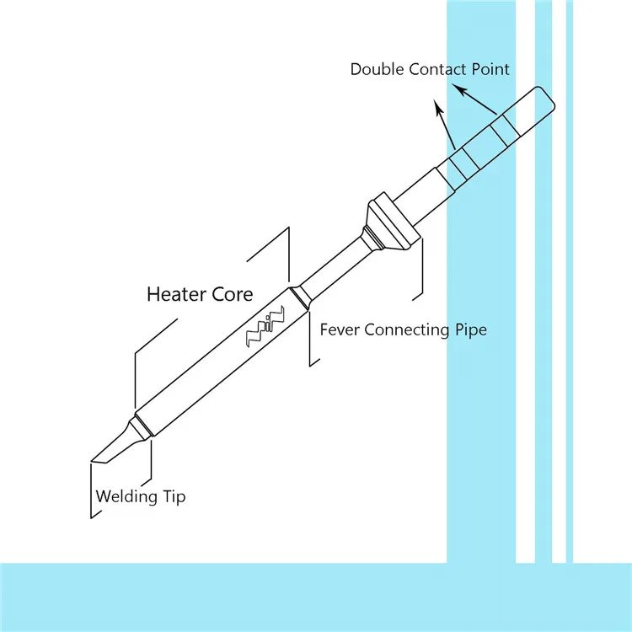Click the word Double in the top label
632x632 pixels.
pos(378,69)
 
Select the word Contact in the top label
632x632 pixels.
pos(437,69)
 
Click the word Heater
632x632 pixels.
pos(174,294)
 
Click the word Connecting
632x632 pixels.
pos(404,329)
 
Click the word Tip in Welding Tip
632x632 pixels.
pos(173,496)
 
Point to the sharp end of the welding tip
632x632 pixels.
pos(93,461)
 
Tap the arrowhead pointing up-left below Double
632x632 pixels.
pos(437,106)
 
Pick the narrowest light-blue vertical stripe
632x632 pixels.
pos(570,278)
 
